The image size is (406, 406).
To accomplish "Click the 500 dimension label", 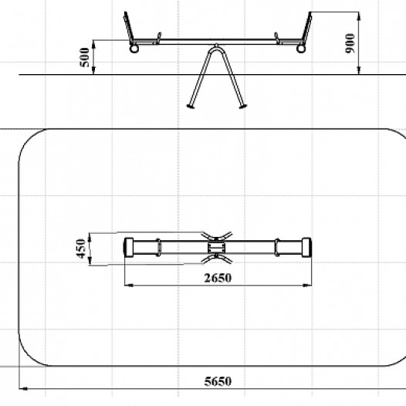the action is (85, 57).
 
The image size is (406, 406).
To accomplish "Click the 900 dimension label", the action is (350, 43).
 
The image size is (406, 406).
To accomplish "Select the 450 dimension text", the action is (81, 249).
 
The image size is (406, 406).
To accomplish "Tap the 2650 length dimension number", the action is (218, 278).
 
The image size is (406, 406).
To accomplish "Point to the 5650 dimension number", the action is (218, 381).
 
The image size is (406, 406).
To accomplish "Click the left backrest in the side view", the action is (129, 28).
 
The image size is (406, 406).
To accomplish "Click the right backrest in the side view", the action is (306, 28).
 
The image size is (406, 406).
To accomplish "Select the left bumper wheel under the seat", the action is (134, 49).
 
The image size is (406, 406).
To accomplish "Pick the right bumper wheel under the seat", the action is (301, 49).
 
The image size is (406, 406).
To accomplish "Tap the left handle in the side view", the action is (157, 38).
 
